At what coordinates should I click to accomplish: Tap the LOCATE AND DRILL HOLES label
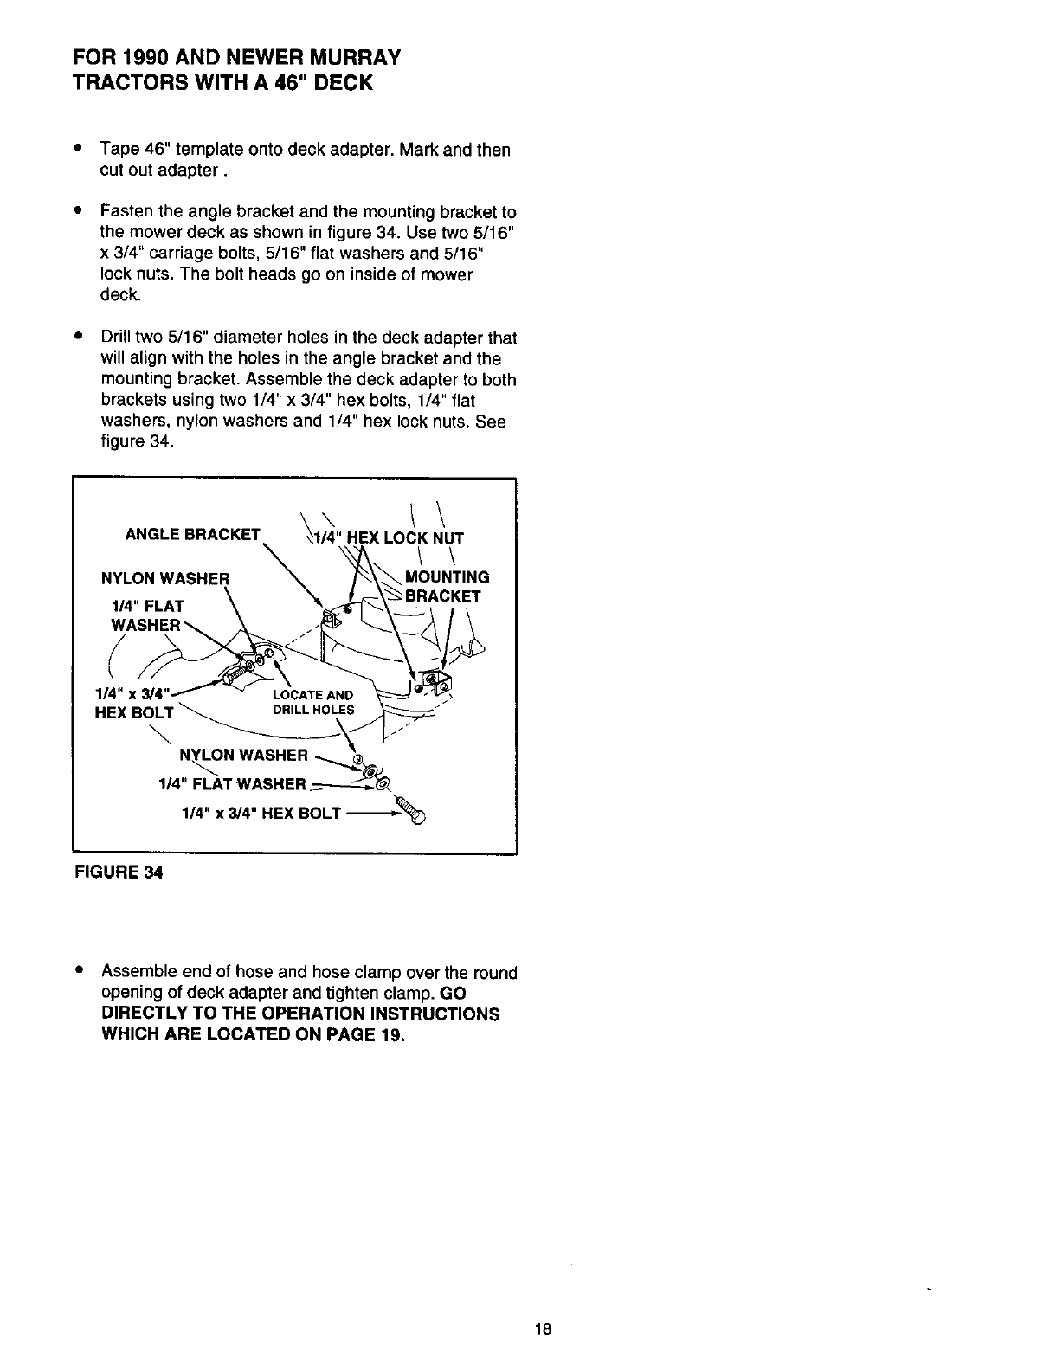click(x=312, y=703)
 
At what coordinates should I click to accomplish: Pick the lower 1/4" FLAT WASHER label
click(x=233, y=784)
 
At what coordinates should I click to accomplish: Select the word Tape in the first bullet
click(x=115, y=150)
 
